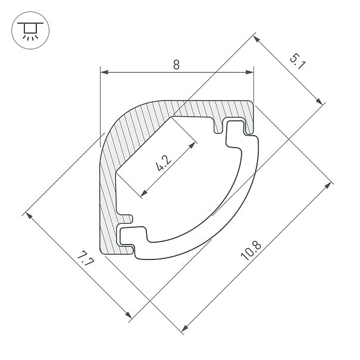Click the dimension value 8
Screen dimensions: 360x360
tap(176, 64)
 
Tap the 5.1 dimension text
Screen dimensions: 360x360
tap(298, 61)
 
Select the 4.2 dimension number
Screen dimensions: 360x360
tap(163, 163)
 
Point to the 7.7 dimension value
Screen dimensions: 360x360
tap(86, 258)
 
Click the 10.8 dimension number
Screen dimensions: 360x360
tap(251, 251)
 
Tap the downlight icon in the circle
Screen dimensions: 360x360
tap(30, 31)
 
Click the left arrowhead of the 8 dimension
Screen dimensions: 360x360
tap(104, 72)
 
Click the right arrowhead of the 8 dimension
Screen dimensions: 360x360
tap(249, 72)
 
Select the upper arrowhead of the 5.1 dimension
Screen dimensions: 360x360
tap(256, 39)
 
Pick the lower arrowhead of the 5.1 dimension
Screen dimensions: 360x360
tap(319, 101)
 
